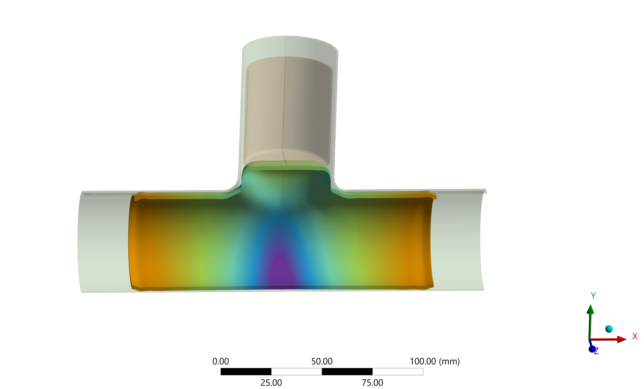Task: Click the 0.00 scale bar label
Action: [x=220, y=361]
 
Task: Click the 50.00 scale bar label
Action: [x=322, y=361]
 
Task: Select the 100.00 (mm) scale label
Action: [x=435, y=361]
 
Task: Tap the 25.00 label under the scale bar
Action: [x=271, y=383]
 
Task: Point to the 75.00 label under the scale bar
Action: [x=372, y=383]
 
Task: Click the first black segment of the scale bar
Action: [x=246, y=371]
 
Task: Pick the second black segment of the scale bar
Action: [x=347, y=371]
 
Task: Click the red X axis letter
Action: [x=635, y=336]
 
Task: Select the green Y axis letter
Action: [x=593, y=296]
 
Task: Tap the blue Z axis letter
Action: [x=596, y=351]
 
